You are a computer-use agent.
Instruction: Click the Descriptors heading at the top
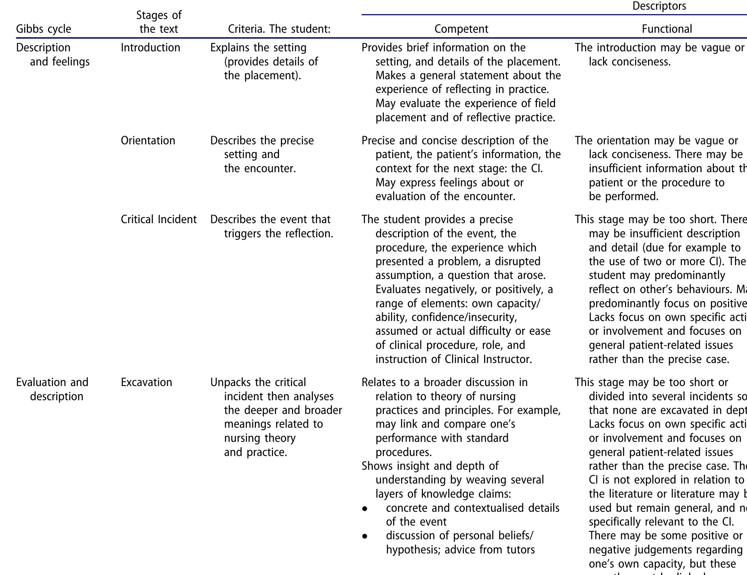659,6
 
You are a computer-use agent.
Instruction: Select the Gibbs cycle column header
44,29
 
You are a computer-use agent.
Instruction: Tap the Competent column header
461,29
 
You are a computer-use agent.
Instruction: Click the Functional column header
667,29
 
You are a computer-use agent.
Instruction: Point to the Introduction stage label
150,48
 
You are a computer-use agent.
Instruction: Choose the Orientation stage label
148,141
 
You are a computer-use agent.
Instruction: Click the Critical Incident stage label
158,219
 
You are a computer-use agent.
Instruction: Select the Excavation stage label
146,382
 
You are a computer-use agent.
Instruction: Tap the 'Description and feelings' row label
52,54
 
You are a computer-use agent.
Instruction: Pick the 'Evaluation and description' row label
52,389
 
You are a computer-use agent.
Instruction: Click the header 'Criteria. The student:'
279,29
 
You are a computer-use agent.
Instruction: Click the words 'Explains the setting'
258,48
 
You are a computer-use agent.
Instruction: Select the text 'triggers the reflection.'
278,234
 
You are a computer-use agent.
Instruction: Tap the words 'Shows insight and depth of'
430,466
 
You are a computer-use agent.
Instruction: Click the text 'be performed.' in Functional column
623,196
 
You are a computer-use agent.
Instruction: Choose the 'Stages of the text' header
158,22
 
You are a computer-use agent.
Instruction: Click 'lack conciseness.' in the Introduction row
629,62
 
